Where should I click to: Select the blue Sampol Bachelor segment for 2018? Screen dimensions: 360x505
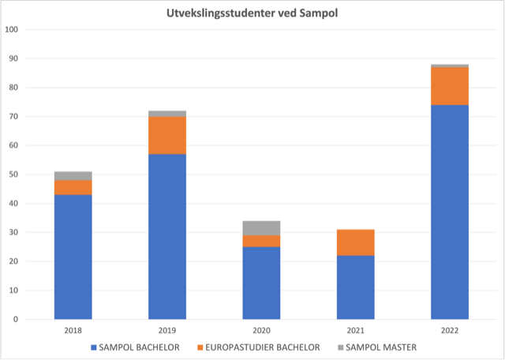click(x=73, y=257)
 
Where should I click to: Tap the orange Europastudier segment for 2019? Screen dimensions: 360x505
click(x=167, y=135)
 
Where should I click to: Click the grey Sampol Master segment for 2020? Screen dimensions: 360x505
click(x=261, y=228)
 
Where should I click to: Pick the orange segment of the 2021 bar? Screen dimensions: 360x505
click(x=355, y=242)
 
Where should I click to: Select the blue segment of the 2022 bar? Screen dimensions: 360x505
click(x=449, y=212)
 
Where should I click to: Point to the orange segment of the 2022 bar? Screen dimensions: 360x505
click(x=449, y=86)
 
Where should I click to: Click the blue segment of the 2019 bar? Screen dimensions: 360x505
click(x=167, y=236)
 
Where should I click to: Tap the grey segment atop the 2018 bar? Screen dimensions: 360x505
click(x=73, y=175)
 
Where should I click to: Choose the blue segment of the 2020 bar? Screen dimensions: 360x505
click(x=261, y=283)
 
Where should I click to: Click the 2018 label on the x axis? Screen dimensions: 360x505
click(x=73, y=330)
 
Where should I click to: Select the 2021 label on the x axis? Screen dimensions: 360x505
click(x=355, y=330)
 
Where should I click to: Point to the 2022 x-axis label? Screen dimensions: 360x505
click(x=449, y=330)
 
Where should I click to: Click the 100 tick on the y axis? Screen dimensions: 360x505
click(x=13, y=29)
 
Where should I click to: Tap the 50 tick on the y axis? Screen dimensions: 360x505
click(x=16, y=174)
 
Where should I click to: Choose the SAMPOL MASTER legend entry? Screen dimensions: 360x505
click(x=377, y=347)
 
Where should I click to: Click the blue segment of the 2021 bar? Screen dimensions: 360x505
click(x=355, y=287)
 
